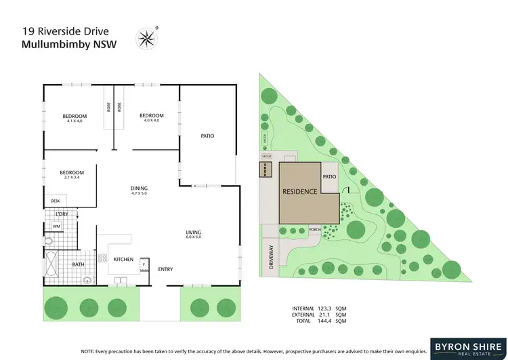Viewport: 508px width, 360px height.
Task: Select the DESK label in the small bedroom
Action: click(55, 201)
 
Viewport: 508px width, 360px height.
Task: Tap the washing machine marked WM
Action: click(57, 226)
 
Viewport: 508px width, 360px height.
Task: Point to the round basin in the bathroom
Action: click(86, 279)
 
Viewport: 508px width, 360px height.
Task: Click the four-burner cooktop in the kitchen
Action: click(104, 258)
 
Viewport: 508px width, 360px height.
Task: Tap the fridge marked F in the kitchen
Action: click(144, 264)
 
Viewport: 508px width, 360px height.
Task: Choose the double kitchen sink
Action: click(121, 279)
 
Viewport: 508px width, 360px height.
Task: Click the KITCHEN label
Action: click(123, 260)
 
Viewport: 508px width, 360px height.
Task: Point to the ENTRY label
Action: click(165, 269)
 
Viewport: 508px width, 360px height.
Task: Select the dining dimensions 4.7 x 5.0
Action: click(139, 194)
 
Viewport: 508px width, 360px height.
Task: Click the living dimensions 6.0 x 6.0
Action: click(194, 238)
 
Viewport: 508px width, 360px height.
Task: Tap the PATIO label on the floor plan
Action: click(207, 136)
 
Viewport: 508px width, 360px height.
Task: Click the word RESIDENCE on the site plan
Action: click(299, 191)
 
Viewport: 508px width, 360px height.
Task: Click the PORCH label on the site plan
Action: click(314, 228)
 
